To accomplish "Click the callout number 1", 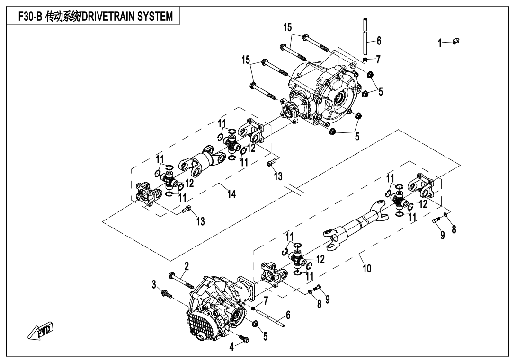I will pyautogui.click(x=440, y=44).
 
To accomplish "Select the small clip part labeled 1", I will pyautogui.click(x=456, y=42).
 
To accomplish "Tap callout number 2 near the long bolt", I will pyautogui.click(x=187, y=266).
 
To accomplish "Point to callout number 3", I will pyautogui.click(x=154, y=284).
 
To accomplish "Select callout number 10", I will pyautogui.click(x=367, y=268).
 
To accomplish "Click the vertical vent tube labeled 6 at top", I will pyautogui.click(x=366, y=38).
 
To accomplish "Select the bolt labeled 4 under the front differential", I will pyautogui.click(x=245, y=339).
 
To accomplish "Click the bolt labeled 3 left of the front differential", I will pyautogui.click(x=167, y=293).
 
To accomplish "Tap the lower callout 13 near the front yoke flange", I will pyautogui.click(x=201, y=220).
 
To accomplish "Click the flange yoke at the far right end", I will pyautogui.click(x=423, y=185).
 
